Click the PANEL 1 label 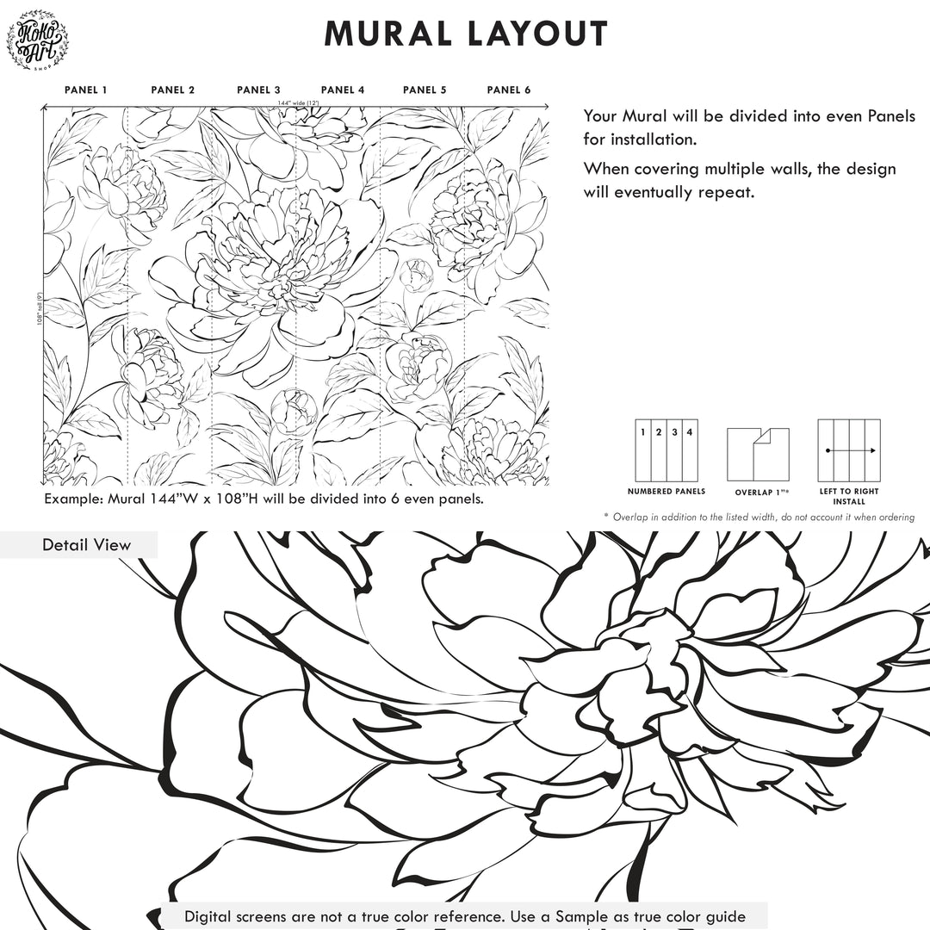tap(86, 90)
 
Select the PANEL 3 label tap(258, 90)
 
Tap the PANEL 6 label tap(509, 90)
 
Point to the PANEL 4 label tap(343, 90)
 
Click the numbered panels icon tap(666, 450)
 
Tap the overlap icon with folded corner tap(758, 454)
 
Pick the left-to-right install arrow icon tap(849, 450)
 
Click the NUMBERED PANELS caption tap(666, 492)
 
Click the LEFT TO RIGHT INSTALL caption tap(849, 496)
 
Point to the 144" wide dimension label tap(297, 103)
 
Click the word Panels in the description tap(891, 116)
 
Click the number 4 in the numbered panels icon tap(689, 432)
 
